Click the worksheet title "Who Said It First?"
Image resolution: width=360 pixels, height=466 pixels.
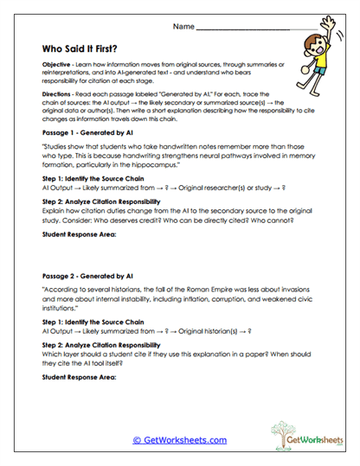tap(89, 49)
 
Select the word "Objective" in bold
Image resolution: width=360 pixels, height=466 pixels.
tap(56, 67)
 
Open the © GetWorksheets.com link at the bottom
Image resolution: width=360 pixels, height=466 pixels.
tap(179, 440)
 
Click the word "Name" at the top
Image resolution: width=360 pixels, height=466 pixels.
tap(183, 28)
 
